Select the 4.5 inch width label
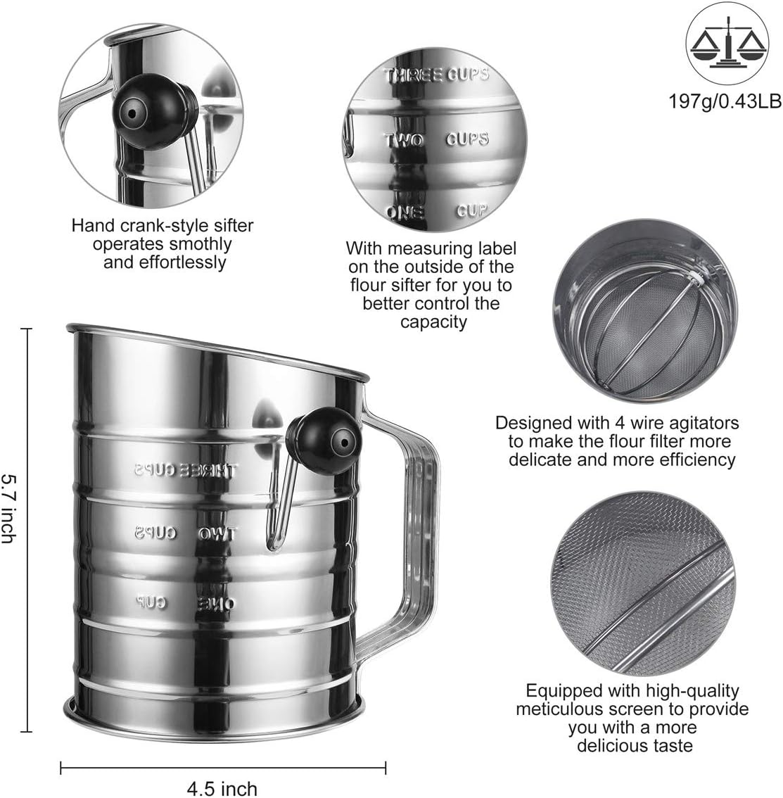tap(222, 788)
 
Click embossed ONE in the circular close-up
tap(405, 213)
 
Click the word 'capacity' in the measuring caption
tap(433, 322)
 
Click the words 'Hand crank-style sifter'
tap(163, 226)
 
